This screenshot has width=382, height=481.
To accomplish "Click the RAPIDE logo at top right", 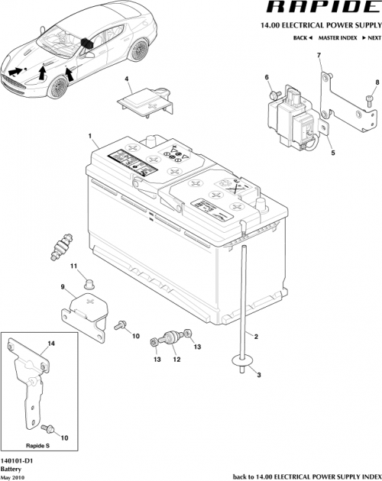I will [319, 9].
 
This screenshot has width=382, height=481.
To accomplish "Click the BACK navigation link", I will [303, 37].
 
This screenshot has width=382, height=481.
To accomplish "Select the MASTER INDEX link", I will [338, 37].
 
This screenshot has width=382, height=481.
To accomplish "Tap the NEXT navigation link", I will [372, 37].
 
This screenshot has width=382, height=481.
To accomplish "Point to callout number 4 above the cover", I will [127, 79].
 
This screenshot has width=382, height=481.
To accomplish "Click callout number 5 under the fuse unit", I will [332, 152].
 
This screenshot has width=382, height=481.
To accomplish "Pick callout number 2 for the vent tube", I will [256, 337].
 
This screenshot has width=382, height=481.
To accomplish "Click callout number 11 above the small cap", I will [75, 265].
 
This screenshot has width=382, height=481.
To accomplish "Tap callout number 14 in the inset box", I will [51, 344].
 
